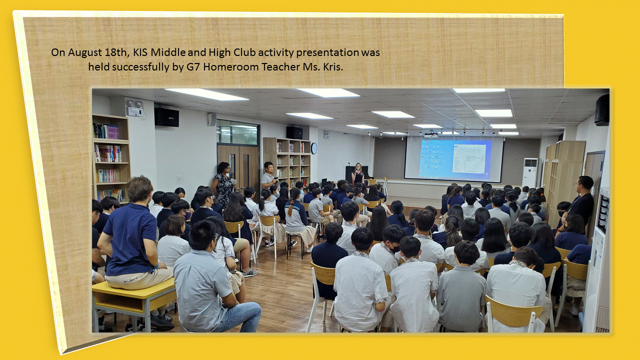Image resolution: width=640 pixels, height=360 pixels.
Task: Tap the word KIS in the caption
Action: (x=140, y=52)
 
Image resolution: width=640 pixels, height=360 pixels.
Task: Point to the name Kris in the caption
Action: (x=333, y=67)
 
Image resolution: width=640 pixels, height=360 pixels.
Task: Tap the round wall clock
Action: (x=314, y=148)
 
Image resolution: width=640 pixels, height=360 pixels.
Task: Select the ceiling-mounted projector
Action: (x=431, y=134)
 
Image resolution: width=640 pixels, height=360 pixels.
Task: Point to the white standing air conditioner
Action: (x=530, y=173)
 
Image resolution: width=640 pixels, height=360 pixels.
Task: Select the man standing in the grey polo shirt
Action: (x=268, y=175)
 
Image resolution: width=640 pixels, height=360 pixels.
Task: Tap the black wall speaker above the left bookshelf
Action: (x=166, y=117)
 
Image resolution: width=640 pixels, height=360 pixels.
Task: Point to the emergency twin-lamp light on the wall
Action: (x=135, y=107)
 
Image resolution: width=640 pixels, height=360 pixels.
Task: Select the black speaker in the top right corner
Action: (x=602, y=110)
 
